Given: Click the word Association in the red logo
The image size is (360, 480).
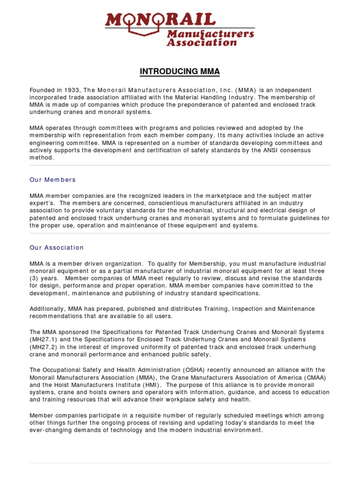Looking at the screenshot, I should coord(196,42).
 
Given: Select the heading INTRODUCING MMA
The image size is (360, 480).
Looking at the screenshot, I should coord(180,72).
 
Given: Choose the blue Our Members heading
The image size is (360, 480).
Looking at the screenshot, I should coord(52,180).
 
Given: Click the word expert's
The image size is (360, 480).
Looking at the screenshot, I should coord(42,203).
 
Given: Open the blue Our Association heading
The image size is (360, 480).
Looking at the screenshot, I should coord(56,247).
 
